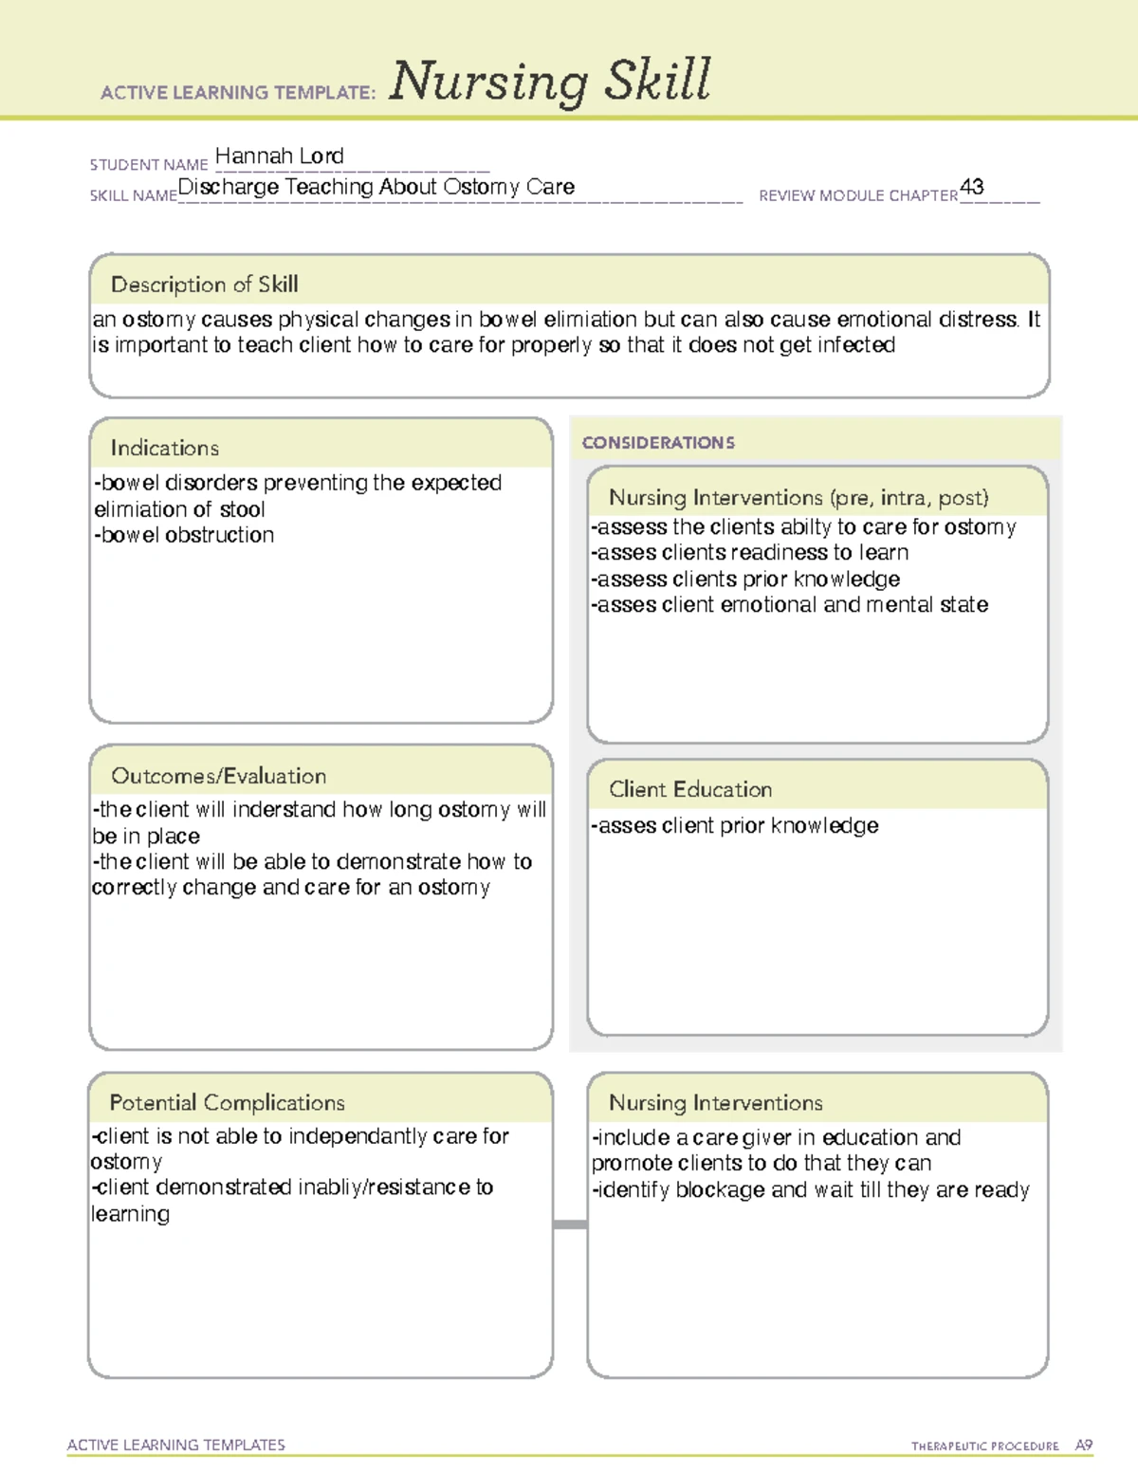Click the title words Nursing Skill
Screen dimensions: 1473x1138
coord(549,82)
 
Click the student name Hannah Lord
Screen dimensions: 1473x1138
coord(279,156)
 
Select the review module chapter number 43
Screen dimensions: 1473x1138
coord(971,187)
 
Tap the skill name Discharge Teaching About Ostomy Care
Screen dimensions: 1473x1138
coord(376,187)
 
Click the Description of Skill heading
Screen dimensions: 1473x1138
coord(204,285)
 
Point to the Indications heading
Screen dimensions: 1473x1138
coord(164,448)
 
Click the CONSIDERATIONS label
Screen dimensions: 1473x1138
coord(658,443)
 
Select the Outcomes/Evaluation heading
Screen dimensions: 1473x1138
coord(218,776)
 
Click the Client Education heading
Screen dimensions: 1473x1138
coord(689,789)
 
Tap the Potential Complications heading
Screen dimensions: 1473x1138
coord(227,1102)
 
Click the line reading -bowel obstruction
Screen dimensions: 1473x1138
coord(184,535)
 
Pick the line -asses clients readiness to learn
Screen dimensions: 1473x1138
coord(749,553)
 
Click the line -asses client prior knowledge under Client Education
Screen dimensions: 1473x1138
coord(734,826)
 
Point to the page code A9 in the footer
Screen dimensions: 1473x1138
coord(1083,1445)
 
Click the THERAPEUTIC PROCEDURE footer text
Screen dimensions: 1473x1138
coord(984,1446)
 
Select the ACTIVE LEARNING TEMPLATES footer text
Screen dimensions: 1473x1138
coord(175,1445)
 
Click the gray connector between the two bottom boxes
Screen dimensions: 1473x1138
coord(570,1224)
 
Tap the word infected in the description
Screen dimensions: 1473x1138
coord(855,345)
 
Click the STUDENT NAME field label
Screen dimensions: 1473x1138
coord(148,165)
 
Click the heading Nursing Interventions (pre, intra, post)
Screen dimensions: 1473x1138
coord(798,498)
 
